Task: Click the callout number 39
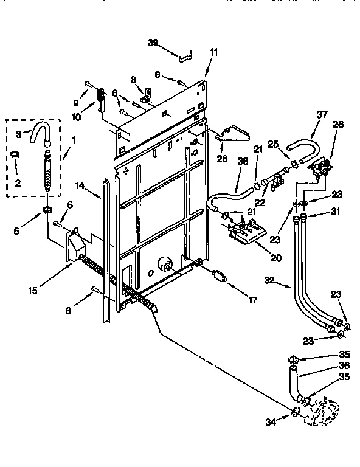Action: [x=153, y=42]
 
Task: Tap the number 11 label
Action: [x=213, y=53]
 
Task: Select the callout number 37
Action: [x=321, y=114]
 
